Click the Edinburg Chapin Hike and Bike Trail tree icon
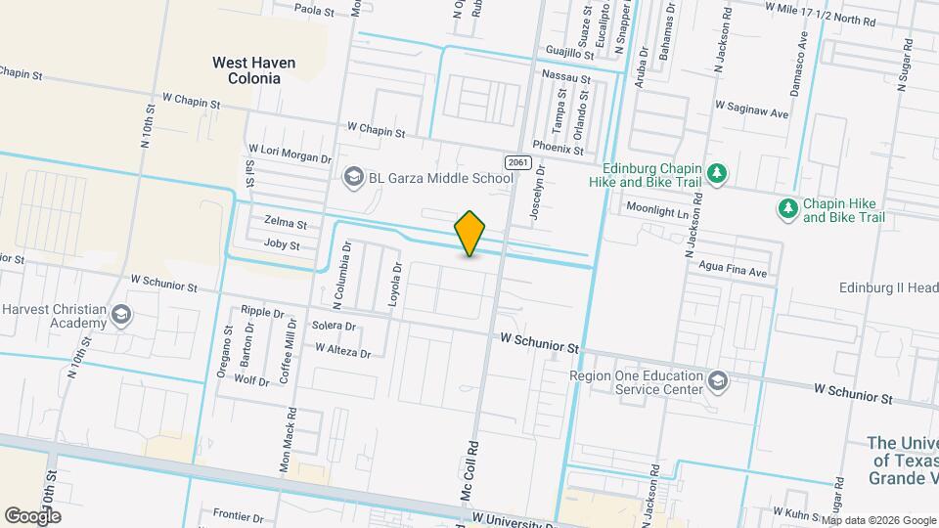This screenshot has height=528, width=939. (719, 173)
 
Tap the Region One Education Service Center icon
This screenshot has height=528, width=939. (719, 381)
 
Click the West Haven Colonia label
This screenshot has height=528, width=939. (254, 69)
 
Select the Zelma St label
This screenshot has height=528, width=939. (286, 223)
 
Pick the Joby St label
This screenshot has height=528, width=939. (281, 244)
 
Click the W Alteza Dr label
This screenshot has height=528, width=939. (343, 350)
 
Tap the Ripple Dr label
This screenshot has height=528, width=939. (261, 314)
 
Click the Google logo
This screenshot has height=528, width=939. (32, 515)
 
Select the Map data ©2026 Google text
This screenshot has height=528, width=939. (877, 519)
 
